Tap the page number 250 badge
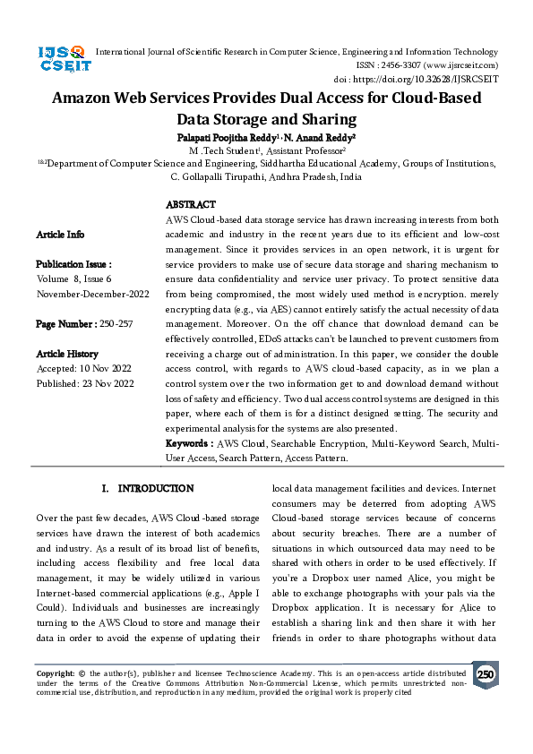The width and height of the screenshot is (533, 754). pos(486,674)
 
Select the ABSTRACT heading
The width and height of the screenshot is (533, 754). pos(191,205)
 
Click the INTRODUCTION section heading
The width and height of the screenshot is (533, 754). pos(149,489)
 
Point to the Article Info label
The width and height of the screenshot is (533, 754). pos(60,235)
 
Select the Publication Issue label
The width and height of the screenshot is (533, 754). pos(73,265)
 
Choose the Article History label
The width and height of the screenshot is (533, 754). pos(68,354)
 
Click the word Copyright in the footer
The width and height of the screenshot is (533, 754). pos(54,673)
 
